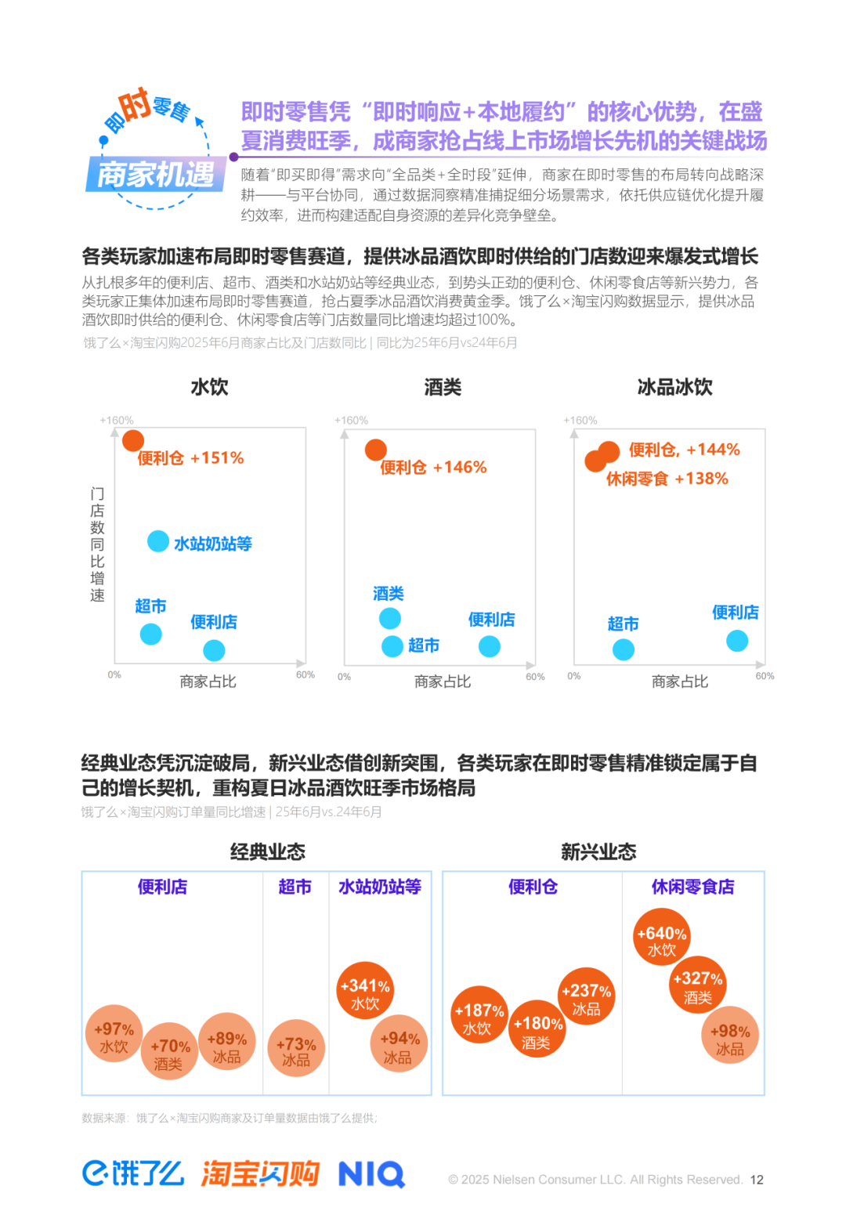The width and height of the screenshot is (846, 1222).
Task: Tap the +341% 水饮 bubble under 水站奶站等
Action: [x=365, y=990]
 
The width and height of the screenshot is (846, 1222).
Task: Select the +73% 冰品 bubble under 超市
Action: [x=296, y=1048]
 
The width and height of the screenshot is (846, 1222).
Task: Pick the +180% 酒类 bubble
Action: [x=537, y=1029]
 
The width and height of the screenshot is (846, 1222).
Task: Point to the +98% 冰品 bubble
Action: [x=730, y=1036]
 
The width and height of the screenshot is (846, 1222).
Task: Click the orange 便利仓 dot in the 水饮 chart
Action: [x=133, y=440]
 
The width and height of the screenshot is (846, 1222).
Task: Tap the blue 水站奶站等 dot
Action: [x=158, y=541]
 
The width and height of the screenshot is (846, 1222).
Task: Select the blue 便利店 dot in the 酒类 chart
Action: [x=490, y=646]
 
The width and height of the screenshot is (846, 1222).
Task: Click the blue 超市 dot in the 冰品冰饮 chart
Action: [x=624, y=649]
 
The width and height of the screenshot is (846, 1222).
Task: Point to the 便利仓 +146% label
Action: [x=433, y=468]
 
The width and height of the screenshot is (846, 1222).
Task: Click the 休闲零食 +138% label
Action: [x=667, y=479]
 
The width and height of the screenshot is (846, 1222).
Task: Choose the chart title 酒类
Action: [x=443, y=387]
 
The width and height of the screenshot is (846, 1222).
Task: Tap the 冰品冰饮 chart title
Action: [x=674, y=387]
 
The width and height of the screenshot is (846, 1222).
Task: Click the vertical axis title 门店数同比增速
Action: [x=97, y=544]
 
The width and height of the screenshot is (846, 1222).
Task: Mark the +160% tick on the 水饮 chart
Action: [x=117, y=421]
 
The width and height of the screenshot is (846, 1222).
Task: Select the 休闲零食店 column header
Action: [x=692, y=887]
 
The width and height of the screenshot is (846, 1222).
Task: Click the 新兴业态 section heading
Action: [x=598, y=852]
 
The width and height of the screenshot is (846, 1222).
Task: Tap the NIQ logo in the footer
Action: [x=371, y=1174]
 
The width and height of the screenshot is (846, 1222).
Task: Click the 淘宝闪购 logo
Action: [x=260, y=1173]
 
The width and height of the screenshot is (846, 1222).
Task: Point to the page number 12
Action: [x=756, y=1180]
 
